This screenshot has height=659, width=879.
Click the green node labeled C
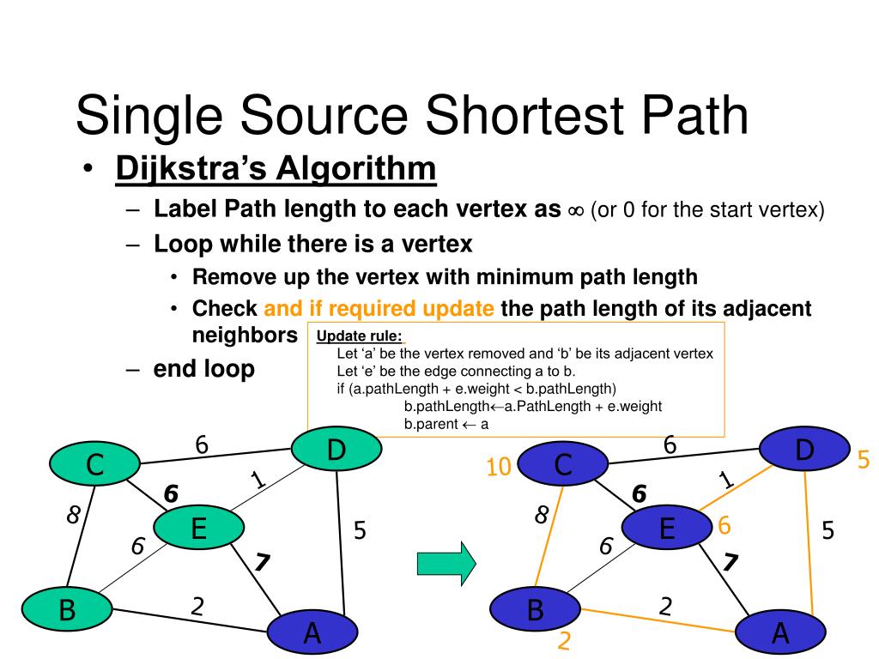coord(94,465)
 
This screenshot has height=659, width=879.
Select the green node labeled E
coord(198,528)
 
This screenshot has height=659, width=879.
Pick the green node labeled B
coord(67,610)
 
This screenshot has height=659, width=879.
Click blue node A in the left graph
coord(312,633)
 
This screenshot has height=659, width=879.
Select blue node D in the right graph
coord(804,450)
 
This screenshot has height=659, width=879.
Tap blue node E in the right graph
coord(666,528)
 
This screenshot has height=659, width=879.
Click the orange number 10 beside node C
coord(499,467)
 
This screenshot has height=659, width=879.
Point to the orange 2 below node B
coord(565,641)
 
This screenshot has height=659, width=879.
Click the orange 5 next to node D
coord(863,461)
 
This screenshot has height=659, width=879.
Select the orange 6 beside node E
coord(724,525)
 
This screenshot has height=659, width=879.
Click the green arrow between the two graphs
coord(446,563)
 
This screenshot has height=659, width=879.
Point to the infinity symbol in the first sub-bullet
coord(575,211)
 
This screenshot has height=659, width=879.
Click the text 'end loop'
coord(204,369)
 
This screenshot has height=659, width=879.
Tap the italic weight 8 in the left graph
coord(73,515)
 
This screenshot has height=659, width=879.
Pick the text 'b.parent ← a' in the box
coord(446,424)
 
